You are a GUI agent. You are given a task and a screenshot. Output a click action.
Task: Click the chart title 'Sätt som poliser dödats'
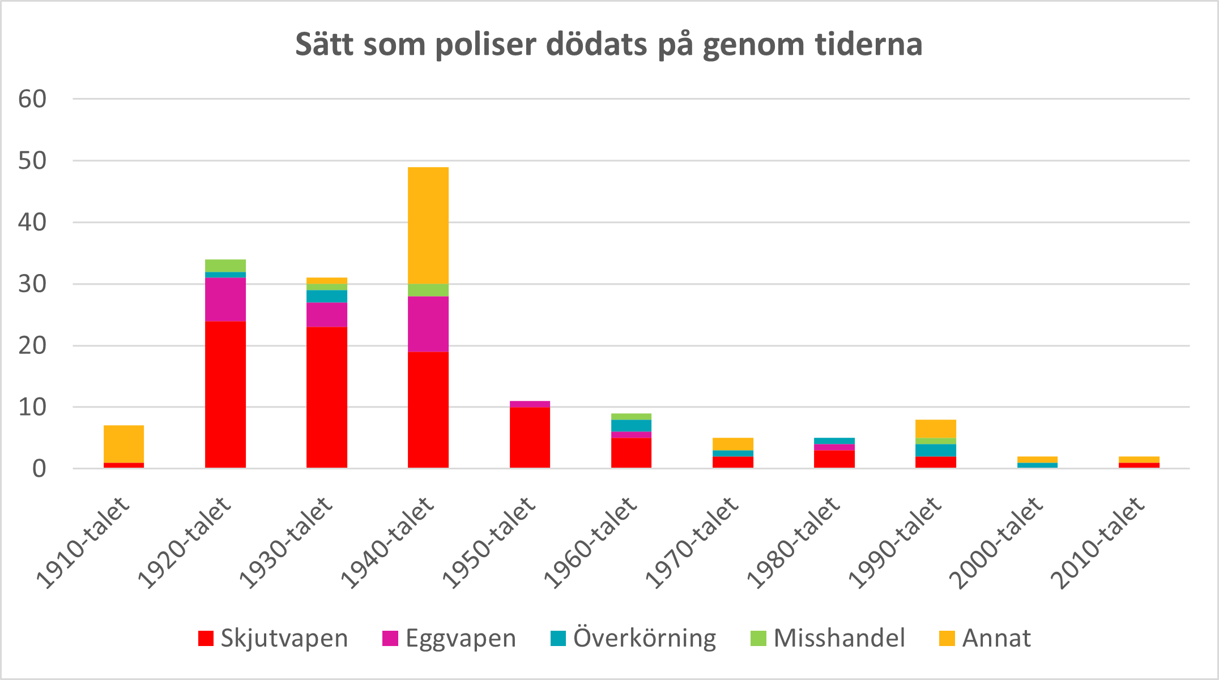[609, 45]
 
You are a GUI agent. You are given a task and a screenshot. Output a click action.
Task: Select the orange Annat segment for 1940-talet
[428, 225]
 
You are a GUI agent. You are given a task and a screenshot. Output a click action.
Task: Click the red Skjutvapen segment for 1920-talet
[225, 394]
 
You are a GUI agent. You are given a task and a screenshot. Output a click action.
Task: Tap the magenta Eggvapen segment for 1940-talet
[428, 324]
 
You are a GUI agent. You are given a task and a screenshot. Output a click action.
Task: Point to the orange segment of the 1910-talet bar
[123, 444]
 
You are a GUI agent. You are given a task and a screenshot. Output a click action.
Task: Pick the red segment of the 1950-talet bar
[530, 437]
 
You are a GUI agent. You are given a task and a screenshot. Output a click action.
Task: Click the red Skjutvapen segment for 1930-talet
[327, 397]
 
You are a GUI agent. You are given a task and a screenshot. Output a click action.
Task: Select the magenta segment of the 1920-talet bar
[225, 300]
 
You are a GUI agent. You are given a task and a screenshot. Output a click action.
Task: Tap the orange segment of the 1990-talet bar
[936, 429]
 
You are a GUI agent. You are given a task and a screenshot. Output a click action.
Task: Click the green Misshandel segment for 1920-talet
[225, 266]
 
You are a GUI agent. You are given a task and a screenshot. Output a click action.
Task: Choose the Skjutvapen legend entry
[273, 638]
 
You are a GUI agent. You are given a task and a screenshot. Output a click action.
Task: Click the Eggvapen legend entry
[449, 638]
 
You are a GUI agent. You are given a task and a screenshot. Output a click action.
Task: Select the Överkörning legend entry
[633, 638]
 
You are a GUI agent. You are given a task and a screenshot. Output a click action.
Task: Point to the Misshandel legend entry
[828, 638]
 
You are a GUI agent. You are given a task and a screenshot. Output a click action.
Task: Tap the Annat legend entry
[985, 638]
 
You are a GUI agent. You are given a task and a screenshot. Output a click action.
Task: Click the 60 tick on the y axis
[32, 99]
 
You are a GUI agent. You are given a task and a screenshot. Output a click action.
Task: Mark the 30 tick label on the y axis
[32, 284]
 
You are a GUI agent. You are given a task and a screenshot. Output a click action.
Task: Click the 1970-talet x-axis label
[692, 544]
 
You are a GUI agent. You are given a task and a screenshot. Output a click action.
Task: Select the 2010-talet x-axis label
[1098, 544]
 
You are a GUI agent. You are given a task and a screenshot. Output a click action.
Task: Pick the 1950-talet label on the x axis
[489, 544]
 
